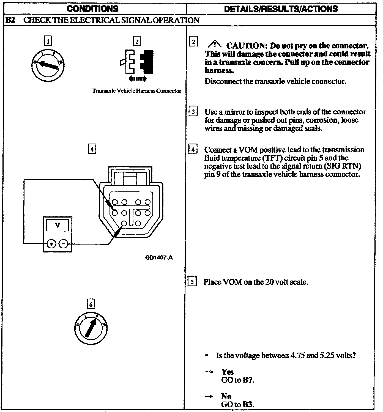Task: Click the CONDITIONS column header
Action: pos(92,9)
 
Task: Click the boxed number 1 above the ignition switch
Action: pos(48,41)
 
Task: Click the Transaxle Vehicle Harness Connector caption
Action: pos(137,91)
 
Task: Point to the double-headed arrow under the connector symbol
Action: pos(138,79)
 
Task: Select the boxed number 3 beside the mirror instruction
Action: pos(193,112)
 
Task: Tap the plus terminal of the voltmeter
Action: pos(51,243)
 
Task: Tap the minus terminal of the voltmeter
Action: pos(64,243)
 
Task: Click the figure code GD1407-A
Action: pos(159,258)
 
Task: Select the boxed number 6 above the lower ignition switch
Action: pos(91,304)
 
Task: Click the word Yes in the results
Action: pos(228,372)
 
